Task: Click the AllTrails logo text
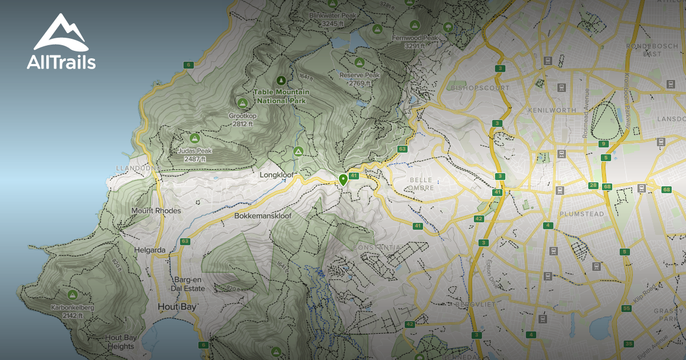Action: pyautogui.click(x=61, y=62)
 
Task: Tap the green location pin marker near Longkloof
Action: pyautogui.click(x=343, y=179)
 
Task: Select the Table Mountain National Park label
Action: pyautogui.click(x=282, y=96)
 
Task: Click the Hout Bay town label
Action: pyautogui.click(x=177, y=307)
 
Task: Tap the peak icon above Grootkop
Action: pyautogui.click(x=242, y=103)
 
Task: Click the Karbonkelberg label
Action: pyautogui.click(x=72, y=307)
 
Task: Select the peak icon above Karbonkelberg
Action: pyautogui.click(x=72, y=295)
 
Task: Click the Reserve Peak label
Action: pyautogui.click(x=360, y=75)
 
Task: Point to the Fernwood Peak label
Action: pyautogui.click(x=414, y=38)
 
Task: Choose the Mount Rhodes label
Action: pyautogui.click(x=156, y=211)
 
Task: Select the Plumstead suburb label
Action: pyautogui.click(x=581, y=214)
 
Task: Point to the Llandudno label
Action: pyautogui.click(x=135, y=168)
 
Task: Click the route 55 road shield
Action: pyautogui.click(x=627, y=309)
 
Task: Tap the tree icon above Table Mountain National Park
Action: pyautogui.click(x=281, y=81)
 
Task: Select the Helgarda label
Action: pyautogui.click(x=150, y=250)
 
